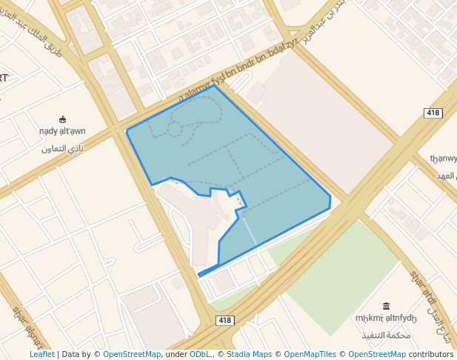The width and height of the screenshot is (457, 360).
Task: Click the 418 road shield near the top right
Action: [433, 113]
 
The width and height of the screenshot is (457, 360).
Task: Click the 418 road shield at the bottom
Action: [226, 320]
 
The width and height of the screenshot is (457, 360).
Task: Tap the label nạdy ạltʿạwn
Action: [62, 131]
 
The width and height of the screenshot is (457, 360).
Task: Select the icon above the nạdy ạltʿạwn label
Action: [62, 119]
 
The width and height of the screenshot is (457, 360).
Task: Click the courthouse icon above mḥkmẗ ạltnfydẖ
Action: [386, 306]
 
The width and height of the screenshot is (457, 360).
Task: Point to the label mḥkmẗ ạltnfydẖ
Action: [386, 319]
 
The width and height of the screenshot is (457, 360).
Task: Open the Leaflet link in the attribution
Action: [41, 354]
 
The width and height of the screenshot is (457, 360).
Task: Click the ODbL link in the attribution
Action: [200, 354]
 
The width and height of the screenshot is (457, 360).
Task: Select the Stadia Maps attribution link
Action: [249, 354]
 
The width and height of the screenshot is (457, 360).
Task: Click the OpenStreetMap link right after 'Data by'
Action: [132, 354]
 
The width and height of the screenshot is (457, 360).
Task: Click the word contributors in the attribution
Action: [431, 354]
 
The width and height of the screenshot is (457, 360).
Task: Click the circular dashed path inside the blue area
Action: [174, 130]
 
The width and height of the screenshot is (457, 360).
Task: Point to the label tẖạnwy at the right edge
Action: [444, 158]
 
